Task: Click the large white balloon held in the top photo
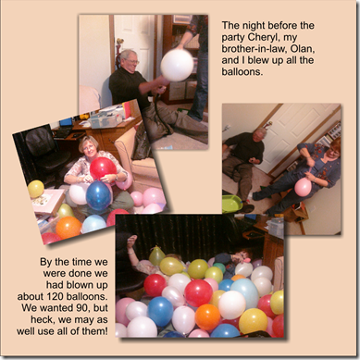[177, 65]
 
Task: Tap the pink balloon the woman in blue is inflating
[303, 187]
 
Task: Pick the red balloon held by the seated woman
[103, 168]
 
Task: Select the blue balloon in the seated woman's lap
[98, 195]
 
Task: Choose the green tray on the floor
[231, 204]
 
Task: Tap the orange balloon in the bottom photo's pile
[207, 317]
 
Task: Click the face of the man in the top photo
[130, 61]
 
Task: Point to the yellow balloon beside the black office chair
[36, 189]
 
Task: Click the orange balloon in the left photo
[68, 228]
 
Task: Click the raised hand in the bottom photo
[132, 240]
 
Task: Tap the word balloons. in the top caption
[242, 71]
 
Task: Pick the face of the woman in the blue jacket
[334, 153]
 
